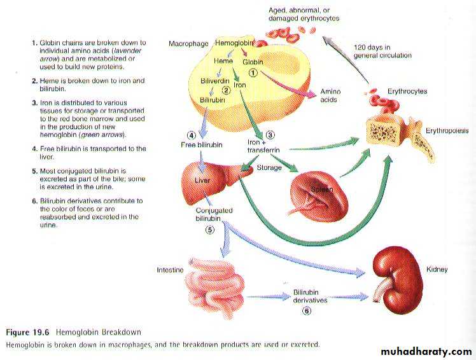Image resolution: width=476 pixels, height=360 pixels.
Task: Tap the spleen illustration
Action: pyautogui.click(x=318, y=193)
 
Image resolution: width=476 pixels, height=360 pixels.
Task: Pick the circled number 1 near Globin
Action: pyautogui.click(x=253, y=73)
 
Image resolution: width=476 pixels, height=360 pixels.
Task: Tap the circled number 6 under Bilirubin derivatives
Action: pyautogui.click(x=307, y=310)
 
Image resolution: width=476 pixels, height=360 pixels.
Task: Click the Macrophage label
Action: pyautogui.click(x=188, y=43)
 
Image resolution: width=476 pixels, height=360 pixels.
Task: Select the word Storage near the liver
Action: pyautogui.click(x=269, y=168)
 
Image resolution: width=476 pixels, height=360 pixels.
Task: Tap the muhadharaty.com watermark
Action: pyautogui.click(x=426, y=352)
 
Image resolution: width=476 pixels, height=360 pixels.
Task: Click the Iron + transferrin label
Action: pyautogui.click(x=262, y=147)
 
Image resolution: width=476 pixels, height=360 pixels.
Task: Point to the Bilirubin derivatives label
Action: pyautogui.click(x=310, y=296)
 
